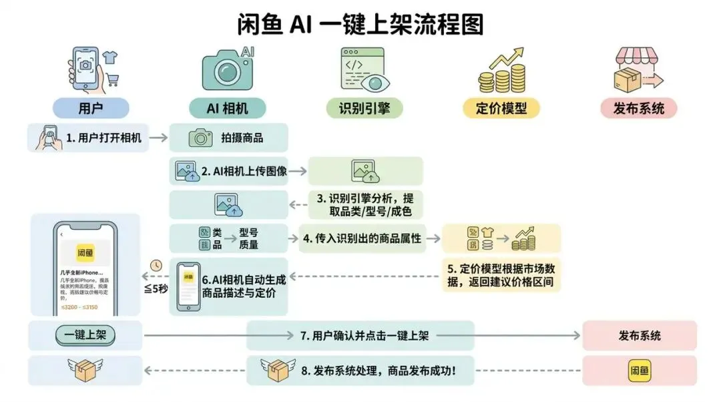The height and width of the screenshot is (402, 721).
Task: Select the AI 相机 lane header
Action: pos(228,108)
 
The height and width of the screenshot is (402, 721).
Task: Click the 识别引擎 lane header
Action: pos(365,108)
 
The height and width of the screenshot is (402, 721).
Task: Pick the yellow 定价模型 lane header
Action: pos(503,108)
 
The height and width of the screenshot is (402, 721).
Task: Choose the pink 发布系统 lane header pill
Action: pos(639,108)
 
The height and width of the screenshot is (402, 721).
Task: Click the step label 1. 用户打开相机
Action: pos(104,138)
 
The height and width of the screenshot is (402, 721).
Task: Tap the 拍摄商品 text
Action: pos(242,138)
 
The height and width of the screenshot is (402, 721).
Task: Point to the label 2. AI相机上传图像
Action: pos(244,171)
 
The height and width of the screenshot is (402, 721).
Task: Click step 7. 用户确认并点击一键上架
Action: pos(364,335)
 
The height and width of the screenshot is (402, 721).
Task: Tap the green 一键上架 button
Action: pos(85,335)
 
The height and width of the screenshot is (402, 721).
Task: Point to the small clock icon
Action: pos(157,264)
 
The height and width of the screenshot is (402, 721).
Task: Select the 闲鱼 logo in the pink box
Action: pos(639,369)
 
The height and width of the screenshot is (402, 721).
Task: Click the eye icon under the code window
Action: pos(372,83)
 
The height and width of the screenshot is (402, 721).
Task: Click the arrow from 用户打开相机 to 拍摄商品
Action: pos(158,138)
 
